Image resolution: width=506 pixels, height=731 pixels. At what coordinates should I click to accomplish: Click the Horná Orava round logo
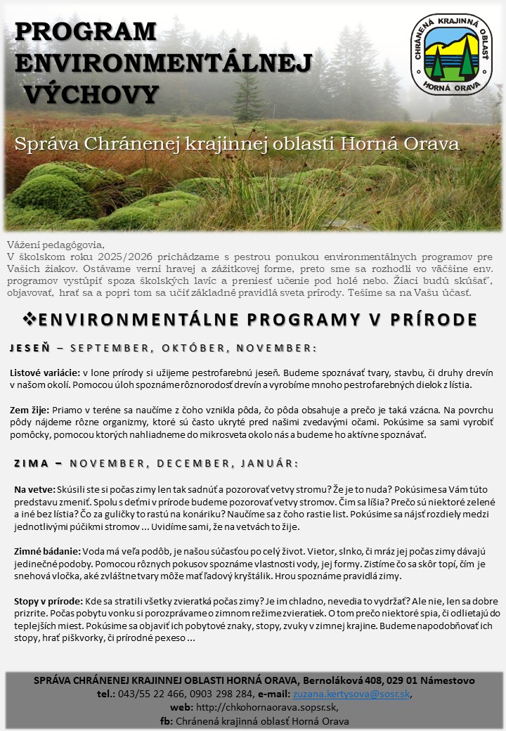pos(452,54)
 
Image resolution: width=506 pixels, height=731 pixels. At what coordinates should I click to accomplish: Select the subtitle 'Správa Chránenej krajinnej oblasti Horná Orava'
pos(238,144)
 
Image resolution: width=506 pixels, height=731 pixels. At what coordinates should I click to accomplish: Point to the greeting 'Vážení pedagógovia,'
pos(55,245)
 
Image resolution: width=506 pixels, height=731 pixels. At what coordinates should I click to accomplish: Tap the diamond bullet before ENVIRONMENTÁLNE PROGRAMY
pos(30,319)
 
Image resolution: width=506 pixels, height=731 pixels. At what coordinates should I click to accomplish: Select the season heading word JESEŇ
pos(29,349)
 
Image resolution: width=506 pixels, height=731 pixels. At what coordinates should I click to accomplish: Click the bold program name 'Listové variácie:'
pos(45,373)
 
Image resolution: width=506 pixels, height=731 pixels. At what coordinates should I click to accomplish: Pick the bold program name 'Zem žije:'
pos(30,410)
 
